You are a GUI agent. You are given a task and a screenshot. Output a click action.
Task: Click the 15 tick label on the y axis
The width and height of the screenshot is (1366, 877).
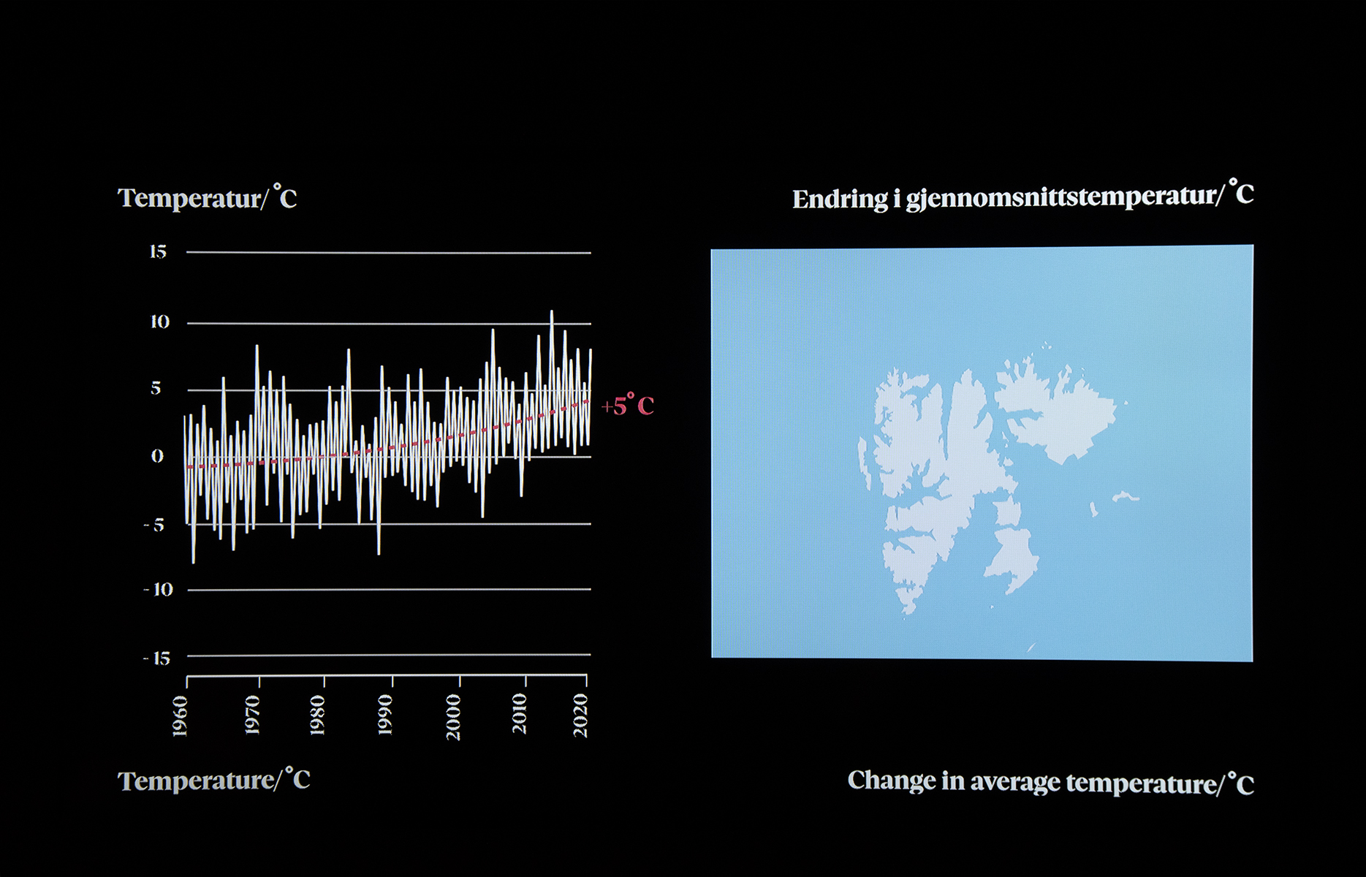(x=158, y=252)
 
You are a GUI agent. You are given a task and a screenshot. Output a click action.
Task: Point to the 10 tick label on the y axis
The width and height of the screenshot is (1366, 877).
(x=160, y=322)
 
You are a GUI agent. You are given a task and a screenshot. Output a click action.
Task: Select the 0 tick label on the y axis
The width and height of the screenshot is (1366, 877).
(x=157, y=456)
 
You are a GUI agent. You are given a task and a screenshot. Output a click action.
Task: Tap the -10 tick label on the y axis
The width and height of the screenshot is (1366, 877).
(x=159, y=589)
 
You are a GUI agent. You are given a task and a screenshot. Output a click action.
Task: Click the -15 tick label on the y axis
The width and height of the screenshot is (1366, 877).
(x=156, y=658)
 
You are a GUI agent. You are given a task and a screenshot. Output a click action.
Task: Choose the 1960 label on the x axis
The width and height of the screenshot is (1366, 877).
(x=180, y=716)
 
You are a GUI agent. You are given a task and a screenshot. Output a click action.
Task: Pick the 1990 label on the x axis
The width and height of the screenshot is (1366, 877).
(x=384, y=715)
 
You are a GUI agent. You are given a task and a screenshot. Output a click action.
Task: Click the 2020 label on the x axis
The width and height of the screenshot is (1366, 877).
(x=580, y=715)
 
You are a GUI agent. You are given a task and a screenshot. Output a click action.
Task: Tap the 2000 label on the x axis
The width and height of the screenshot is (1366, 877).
(x=453, y=717)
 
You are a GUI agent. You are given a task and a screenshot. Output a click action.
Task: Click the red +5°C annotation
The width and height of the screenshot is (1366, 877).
(x=628, y=405)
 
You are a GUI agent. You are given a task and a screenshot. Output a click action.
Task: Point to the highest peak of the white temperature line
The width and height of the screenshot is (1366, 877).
(x=552, y=311)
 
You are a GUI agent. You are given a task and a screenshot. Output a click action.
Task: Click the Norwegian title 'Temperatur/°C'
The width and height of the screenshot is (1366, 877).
(x=208, y=197)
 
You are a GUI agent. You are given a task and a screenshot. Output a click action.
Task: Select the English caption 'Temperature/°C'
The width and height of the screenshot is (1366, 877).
(x=214, y=780)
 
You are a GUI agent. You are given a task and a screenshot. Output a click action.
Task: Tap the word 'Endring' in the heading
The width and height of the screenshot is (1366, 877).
(x=841, y=200)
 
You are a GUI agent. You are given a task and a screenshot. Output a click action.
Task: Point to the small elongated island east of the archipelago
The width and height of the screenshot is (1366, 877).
(x=1126, y=497)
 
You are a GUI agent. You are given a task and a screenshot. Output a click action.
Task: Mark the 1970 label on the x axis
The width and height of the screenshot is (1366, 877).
(x=251, y=715)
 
